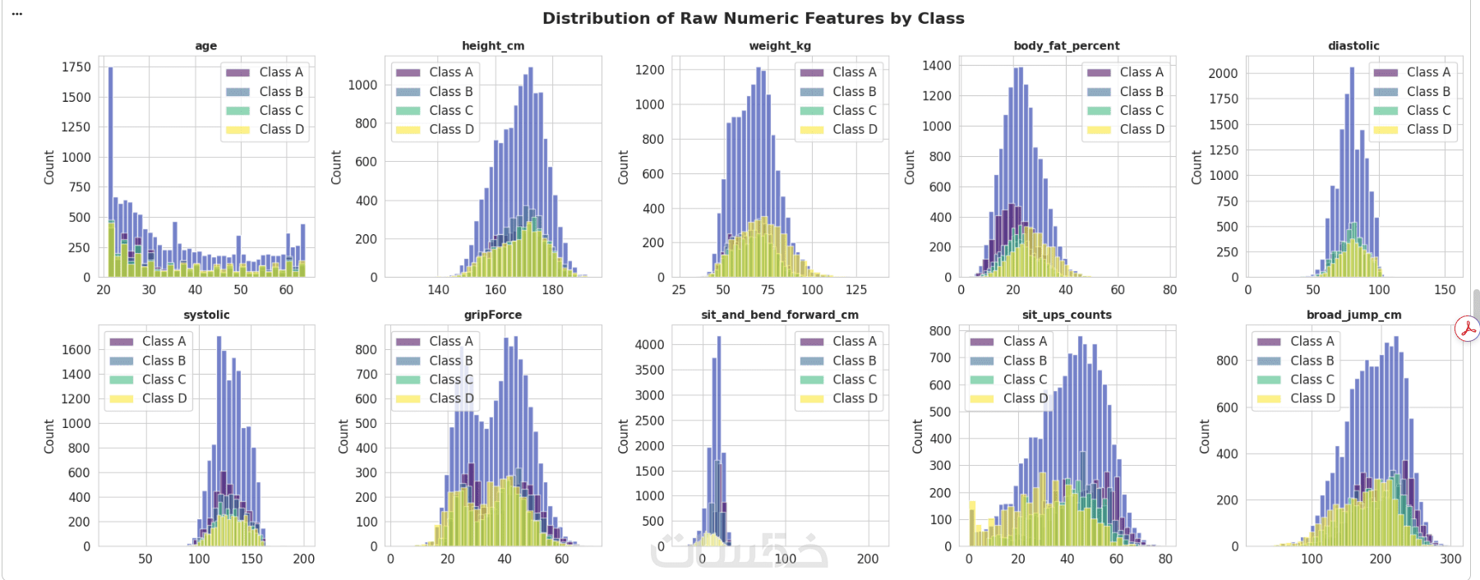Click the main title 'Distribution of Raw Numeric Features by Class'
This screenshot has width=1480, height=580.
pyautogui.click(x=753, y=18)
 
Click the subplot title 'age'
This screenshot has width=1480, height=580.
pyautogui.click(x=206, y=46)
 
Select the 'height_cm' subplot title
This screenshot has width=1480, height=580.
pyautogui.click(x=493, y=46)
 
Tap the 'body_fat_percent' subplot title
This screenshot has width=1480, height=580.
pyautogui.click(x=1067, y=46)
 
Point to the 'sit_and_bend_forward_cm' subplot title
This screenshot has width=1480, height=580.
pyautogui.click(x=780, y=315)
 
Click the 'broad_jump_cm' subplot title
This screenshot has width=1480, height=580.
pyautogui.click(x=1354, y=315)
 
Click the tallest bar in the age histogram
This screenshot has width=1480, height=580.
pyautogui.click(x=110, y=172)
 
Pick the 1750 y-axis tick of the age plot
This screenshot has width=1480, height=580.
pyautogui.click(x=76, y=67)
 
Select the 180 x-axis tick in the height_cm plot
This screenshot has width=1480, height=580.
pyautogui.click(x=552, y=289)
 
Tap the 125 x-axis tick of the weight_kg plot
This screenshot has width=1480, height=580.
pyautogui.click(x=856, y=289)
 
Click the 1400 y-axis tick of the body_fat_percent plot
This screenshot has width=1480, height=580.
pyautogui.click(x=937, y=66)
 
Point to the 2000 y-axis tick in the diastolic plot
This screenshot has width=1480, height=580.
pyautogui.click(x=1223, y=73)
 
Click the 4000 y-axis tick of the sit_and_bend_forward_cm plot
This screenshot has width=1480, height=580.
pyautogui.click(x=649, y=344)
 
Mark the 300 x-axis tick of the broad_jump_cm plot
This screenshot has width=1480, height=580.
pyautogui.click(x=1450, y=559)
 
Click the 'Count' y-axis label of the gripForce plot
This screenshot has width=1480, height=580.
pyautogui.click(x=343, y=435)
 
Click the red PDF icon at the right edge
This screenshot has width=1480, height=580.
pyautogui.click(x=1467, y=329)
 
